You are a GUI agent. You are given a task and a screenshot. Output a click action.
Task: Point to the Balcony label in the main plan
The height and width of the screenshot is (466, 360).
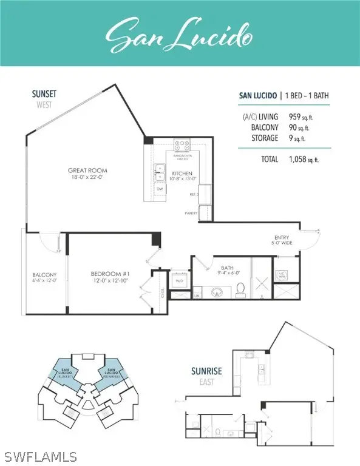(x=44, y=277)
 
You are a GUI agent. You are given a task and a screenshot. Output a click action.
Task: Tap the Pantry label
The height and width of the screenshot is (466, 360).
(x=192, y=214)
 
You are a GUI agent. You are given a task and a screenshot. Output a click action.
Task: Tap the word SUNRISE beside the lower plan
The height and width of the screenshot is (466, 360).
(x=203, y=368)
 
